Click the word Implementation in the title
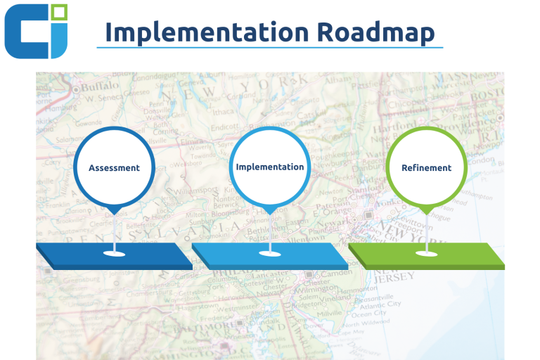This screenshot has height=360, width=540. (207, 32)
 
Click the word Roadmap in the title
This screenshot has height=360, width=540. (375, 32)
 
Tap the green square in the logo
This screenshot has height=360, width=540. (59, 12)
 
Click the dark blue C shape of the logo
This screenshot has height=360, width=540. (26, 32)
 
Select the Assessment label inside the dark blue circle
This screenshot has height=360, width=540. (115, 168)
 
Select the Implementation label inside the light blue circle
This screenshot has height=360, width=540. (270, 167)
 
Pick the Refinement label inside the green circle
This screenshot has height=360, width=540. (426, 168)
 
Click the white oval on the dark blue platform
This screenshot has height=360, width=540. (115, 254)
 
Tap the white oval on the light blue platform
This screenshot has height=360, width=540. (270, 254)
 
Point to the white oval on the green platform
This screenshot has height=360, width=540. (426, 254)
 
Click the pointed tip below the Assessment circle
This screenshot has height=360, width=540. (115, 214)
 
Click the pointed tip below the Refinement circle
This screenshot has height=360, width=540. (427, 214)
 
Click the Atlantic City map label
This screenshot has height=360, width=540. (380, 305)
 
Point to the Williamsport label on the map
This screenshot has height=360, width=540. (196, 191)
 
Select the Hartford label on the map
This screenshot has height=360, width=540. (394, 129)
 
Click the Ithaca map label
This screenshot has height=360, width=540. (223, 112)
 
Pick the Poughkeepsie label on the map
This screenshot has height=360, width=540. (334, 155)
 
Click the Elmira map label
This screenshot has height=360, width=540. (192, 141)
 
